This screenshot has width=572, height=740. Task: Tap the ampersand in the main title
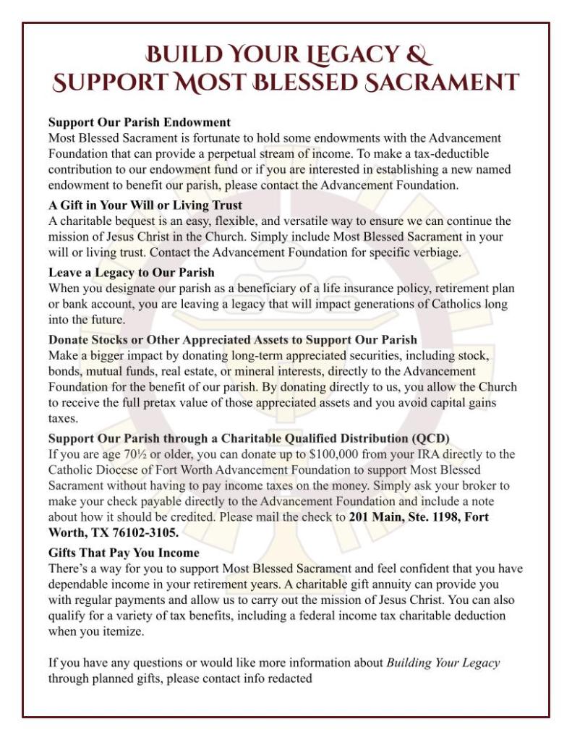pos(420,56)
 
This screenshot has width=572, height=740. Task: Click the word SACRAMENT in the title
pos(440,82)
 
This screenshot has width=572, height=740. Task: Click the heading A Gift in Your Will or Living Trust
pos(145,205)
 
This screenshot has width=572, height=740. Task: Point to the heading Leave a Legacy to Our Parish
pos(132,273)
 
